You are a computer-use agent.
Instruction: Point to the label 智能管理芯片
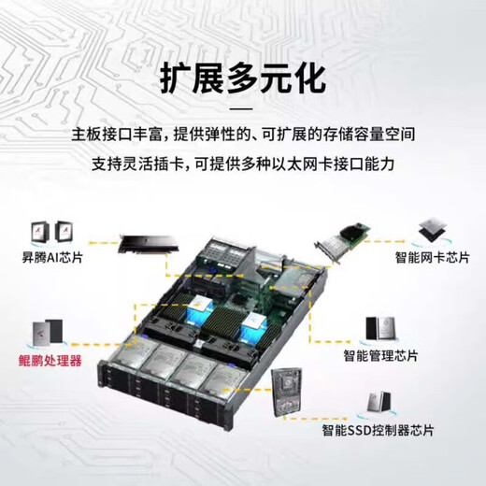tap(380, 356)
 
